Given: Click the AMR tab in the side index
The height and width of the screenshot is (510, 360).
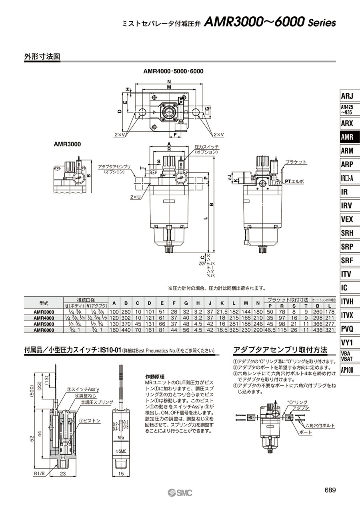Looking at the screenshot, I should point(347,137).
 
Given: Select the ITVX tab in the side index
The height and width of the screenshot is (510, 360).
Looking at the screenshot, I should point(347,315).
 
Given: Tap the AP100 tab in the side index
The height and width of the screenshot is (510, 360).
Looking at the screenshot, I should point(347,370).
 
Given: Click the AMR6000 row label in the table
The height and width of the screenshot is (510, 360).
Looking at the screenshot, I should point(44,330).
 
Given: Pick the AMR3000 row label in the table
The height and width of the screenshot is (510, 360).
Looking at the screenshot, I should point(44,312).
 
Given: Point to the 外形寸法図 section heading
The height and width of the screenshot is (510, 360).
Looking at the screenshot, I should point(42,57).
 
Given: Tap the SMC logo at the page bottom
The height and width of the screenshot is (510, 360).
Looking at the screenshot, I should point(180,492).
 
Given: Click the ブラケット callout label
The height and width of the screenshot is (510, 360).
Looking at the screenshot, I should point(296,162).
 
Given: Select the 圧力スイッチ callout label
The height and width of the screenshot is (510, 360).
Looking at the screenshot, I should point(206,147).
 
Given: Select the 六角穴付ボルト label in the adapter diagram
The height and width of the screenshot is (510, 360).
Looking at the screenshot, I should point(320,426).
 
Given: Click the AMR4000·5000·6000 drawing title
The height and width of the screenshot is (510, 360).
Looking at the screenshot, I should point(173,71).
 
